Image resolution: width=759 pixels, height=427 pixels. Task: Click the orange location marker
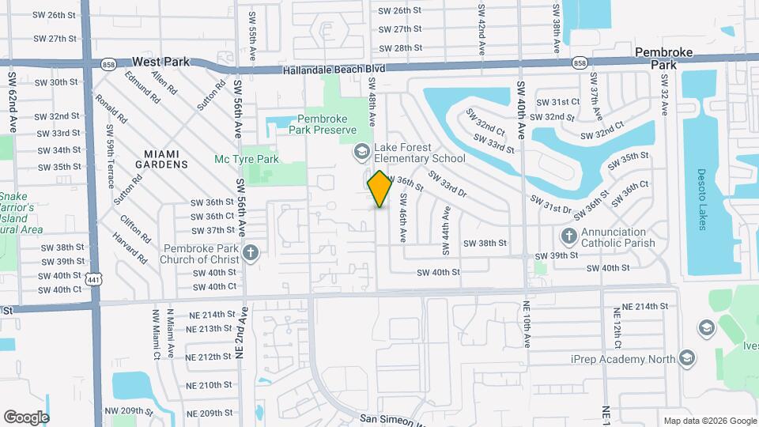point(380,189)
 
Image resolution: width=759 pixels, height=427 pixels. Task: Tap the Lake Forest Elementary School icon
point(362,151)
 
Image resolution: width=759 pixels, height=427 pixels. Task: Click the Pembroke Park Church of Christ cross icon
point(251,253)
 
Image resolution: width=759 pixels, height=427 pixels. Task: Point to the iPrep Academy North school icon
point(686,359)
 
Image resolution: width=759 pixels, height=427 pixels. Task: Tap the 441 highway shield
point(94,281)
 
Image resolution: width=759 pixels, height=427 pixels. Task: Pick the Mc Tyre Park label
point(247,159)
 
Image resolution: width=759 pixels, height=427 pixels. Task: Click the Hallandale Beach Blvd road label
point(334,70)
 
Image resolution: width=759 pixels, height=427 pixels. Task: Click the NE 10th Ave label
point(527,325)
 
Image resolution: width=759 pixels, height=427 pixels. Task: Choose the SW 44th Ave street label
point(446,230)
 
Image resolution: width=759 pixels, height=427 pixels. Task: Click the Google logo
point(26,417)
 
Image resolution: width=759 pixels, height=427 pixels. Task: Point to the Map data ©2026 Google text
point(709,421)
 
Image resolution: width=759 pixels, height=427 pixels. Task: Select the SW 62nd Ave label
point(13,103)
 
